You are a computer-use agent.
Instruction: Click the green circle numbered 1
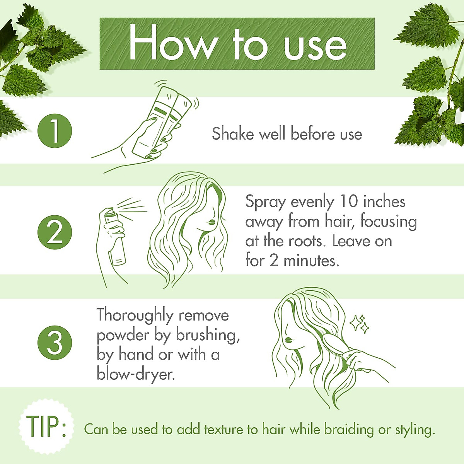click(x=55, y=131)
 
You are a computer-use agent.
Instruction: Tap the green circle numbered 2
click(x=55, y=232)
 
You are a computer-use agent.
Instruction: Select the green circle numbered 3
click(x=55, y=343)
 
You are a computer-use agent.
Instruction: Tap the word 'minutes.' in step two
click(x=311, y=260)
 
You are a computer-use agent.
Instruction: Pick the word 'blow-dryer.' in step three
click(x=136, y=374)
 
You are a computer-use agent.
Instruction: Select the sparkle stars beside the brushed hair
click(x=360, y=324)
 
